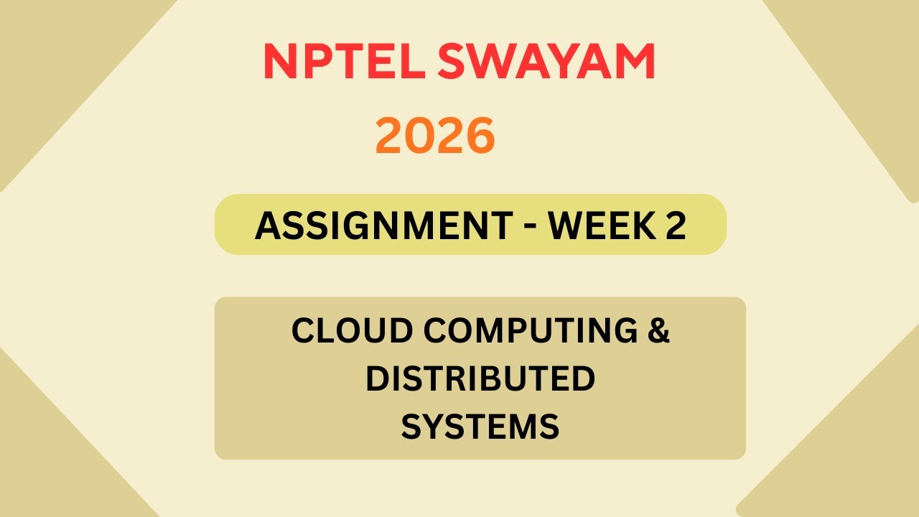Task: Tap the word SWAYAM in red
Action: [546, 62]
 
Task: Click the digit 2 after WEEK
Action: [674, 225]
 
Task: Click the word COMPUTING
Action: [530, 331]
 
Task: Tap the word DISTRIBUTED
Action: [480, 378]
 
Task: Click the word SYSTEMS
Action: [480, 426]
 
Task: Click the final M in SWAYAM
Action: [635, 62]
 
